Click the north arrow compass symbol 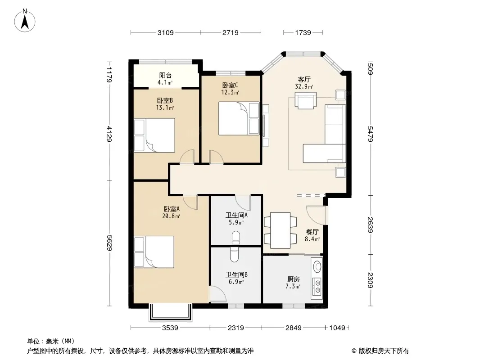point(25,21)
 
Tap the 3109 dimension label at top point(166,32)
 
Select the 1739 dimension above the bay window point(303,32)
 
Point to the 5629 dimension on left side point(109,243)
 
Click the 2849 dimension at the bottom point(294,328)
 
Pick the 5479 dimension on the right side point(370,134)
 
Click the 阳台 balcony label point(165,76)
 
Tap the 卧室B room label point(165,101)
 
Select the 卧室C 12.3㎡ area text point(230,92)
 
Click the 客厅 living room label point(304,80)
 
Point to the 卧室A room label point(172,209)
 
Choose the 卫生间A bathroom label point(237,215)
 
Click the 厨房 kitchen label point(293,279)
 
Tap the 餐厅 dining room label point(312,232)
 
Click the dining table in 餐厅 point(281,230)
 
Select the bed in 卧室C point(239,118)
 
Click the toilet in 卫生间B point(234,255)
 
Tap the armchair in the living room point(305,101)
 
